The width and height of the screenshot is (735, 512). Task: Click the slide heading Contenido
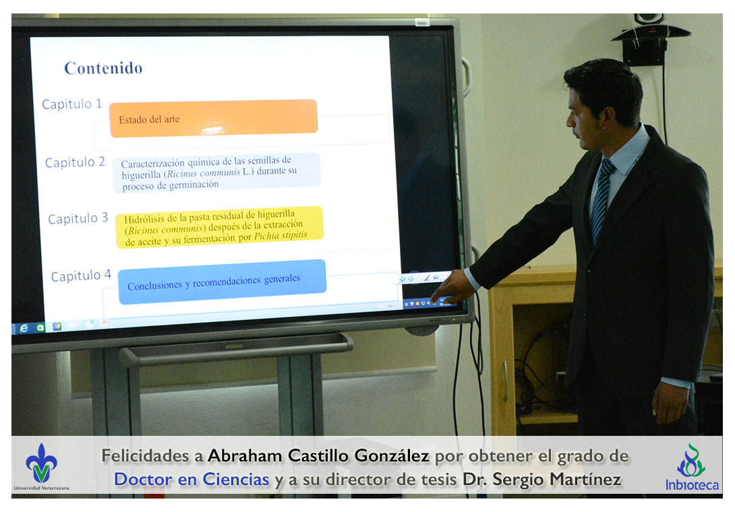coord(103,69)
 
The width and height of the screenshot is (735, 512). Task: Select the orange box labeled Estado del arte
coord(213,118)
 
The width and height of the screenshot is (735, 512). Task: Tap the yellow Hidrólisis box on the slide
coord(219,227)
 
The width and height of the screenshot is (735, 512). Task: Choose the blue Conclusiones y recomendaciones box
coord(223,282)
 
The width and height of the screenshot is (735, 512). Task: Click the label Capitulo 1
coord(71,104)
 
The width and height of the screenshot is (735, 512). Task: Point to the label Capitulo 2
coord(75,162)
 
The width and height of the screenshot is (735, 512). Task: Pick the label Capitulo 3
coord(78,218)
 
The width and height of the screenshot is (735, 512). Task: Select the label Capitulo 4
coord(81,276)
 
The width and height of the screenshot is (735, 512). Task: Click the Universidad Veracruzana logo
coord(41,467)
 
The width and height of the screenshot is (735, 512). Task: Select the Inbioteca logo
coord(692,467)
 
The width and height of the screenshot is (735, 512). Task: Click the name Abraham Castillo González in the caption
coord(318,455)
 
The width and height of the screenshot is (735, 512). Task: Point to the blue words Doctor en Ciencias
coord(192,479)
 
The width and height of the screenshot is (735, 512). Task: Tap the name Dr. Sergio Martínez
coord(542,479)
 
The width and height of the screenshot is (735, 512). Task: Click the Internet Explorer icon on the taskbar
coord(24,328)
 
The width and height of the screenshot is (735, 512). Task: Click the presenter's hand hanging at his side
coord(670,402)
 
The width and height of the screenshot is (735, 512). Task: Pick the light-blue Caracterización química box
coord(216,173)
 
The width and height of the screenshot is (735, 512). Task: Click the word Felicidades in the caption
coord(145,455)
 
